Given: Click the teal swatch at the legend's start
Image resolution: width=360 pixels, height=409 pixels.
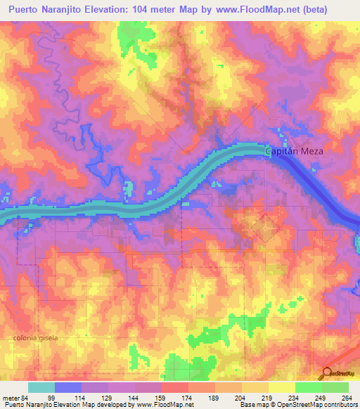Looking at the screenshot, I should [x=41, y=387].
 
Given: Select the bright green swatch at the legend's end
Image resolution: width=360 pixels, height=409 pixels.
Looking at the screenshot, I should [x=335, y=387].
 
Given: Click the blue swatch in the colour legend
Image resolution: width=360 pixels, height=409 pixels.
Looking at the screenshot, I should [x=68, y=387].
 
